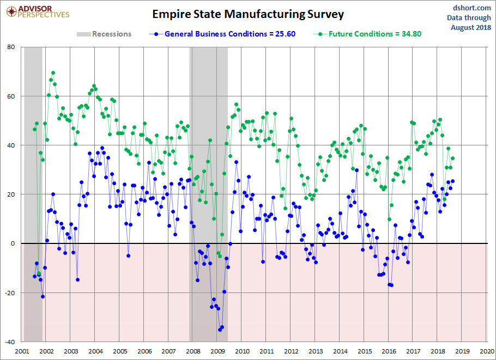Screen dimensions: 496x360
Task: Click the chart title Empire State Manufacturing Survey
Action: (x=248, y=14)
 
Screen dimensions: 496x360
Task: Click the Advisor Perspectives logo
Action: (x=38, y=12)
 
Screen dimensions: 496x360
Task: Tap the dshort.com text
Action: (x=471, y=8)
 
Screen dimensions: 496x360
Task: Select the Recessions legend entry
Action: (x=104, y=34)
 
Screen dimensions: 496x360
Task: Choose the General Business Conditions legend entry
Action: (x=222, y=34)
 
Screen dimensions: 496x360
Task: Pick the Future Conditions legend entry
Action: (x=367, y=34)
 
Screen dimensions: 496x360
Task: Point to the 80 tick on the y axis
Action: (x=11, y=47)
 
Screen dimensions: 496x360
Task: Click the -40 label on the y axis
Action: (x=10, y=341)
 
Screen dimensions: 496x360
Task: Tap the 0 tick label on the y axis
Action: (x=13, y=243)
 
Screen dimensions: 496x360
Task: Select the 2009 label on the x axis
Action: (x=217, y=351)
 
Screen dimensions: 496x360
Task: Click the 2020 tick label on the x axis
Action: (x=487, y=351)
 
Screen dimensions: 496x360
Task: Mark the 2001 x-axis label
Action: (x=22, y=351)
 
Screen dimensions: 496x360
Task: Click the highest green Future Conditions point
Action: (x=53, y=72)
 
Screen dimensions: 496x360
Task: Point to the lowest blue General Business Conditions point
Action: (x=220, y=330)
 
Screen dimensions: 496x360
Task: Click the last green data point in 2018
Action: (x=452, y=158)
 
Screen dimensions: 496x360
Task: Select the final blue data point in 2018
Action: (x=452, y=181)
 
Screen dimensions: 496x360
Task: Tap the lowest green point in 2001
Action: (x=39, y=273)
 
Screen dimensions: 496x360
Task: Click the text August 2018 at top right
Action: (x=471, y=27)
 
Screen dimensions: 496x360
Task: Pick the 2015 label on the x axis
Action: (x=365, y=351)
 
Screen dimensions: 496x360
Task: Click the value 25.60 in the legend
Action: (x=285, y=34)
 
